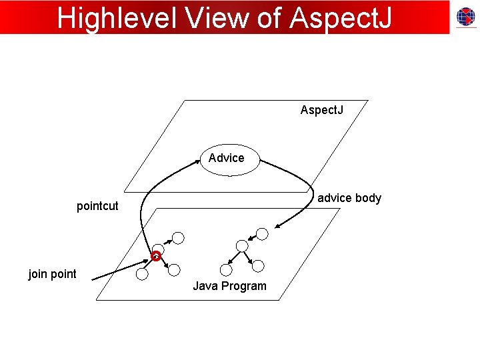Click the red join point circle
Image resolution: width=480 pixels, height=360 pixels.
(x=156, y=255)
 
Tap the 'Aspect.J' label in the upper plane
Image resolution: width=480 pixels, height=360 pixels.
(x=322, y=109)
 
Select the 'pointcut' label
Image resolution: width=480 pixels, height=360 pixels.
(x=97, y=206)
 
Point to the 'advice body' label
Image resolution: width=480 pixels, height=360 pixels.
(x=349, y=198)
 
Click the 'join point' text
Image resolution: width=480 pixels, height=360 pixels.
(x=52, y=273)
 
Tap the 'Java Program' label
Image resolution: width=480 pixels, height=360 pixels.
(x=229, y=286)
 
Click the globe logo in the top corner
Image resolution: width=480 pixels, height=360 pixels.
(x=465, y=18)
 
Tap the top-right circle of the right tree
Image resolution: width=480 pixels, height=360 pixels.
(x=262, y=233)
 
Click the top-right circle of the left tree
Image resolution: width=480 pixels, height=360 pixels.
(x=178, y=237)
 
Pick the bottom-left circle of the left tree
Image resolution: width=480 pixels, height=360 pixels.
(x=141, y=273)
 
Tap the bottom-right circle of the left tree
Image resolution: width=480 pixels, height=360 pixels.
(x=174, y=270)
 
